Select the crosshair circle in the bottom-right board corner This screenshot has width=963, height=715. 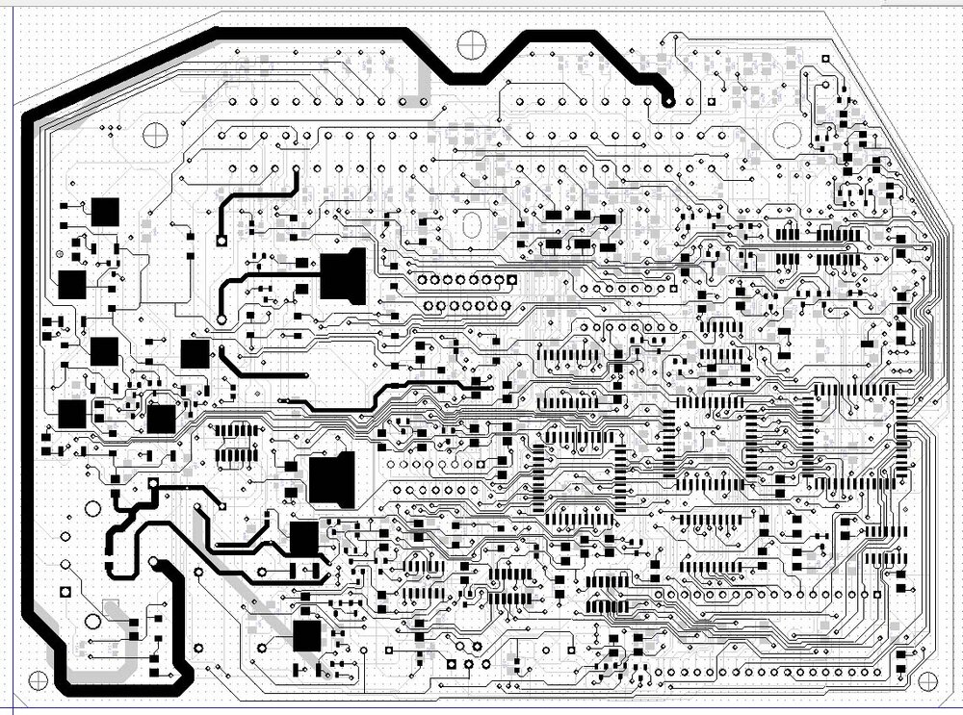[x=928, y=681]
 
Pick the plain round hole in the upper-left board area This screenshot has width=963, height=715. [x=155, y=135]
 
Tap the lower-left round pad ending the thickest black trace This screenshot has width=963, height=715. [x=154, y=561]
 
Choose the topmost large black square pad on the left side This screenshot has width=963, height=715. [x=104, y=212]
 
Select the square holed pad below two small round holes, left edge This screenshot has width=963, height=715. [x=66, y=589]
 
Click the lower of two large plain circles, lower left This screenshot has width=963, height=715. [x=93, y=621]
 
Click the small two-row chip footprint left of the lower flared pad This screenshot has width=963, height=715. [x=235, y=442]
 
